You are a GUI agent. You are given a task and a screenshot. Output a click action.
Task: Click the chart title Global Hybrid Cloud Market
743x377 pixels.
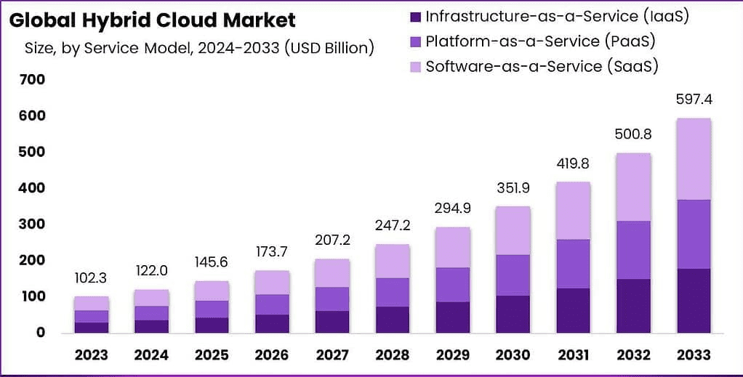[153, 19]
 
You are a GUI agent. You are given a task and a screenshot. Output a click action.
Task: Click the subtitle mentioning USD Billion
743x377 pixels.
[199, 49]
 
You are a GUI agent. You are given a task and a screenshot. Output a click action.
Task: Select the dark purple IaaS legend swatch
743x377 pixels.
[415, 16]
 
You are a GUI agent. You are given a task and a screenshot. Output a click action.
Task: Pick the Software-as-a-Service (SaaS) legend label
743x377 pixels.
[542, 66]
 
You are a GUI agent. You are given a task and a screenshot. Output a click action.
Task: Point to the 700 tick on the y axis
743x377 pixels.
[31, 79]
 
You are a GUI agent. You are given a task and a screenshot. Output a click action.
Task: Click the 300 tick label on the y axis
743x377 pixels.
[31, 224]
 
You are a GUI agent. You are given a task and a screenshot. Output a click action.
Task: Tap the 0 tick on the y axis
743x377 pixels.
[41, 333]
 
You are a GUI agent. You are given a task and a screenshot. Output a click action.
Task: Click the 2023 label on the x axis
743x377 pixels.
[92, 354]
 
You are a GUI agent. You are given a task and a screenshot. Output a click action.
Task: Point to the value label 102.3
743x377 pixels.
[92, 277]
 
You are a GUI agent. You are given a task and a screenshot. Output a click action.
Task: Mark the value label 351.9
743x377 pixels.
[513, 187]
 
